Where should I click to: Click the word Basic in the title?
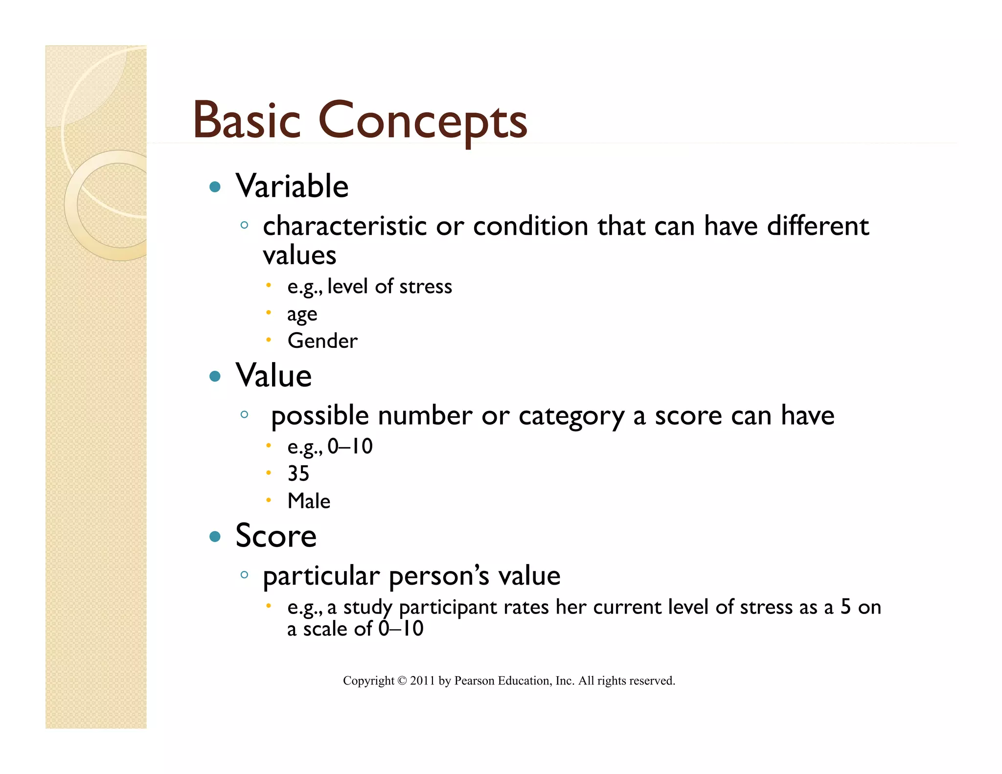(246, 119)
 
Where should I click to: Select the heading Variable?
(292, 186)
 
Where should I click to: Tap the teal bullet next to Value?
(215, 376)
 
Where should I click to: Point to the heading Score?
(276, 536)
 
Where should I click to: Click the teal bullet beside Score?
(215, 537)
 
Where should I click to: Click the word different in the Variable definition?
(818, 226)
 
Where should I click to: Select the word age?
(302, 314)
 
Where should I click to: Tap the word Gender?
(322, 341)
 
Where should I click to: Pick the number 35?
(298, 474)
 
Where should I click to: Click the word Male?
(309, 501)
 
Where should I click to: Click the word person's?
(439, 576)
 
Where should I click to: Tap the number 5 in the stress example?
(845, 607)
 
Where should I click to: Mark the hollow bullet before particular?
(244, 575)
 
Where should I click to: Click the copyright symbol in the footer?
(402, 681)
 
